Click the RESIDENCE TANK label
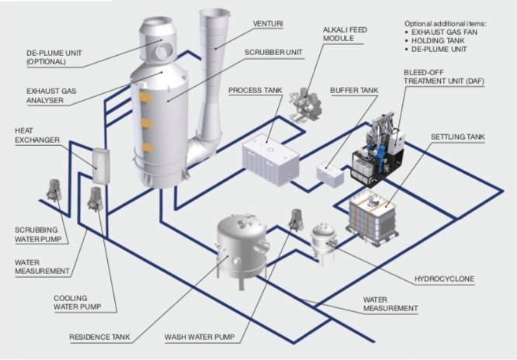coord(100,337)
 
